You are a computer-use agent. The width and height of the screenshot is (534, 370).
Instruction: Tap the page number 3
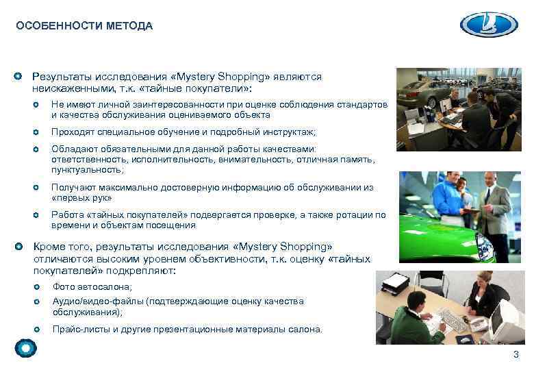[x=516, y=354]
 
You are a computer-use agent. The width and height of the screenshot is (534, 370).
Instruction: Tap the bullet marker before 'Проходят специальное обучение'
[x=37, y=132]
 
